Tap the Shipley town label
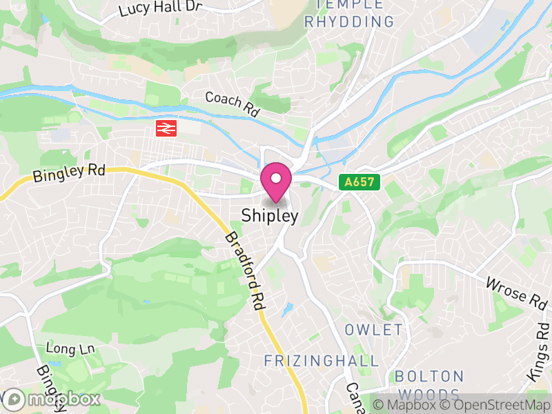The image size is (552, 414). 270,216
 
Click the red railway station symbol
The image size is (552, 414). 166,128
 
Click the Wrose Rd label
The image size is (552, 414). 515,291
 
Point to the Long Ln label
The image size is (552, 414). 70,348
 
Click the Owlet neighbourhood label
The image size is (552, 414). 373,329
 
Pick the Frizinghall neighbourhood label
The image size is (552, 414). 322,361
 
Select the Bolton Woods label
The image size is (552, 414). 429,385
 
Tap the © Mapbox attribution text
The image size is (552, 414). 406,404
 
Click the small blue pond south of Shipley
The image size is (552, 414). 288,308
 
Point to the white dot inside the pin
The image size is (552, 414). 276,178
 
